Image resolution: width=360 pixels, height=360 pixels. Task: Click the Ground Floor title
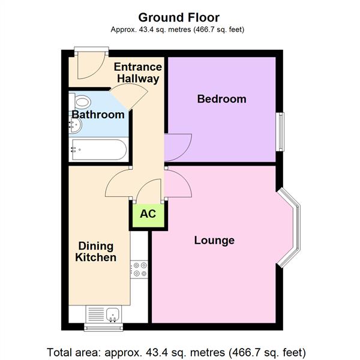[179, 17]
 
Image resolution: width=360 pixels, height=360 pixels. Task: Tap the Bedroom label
[221, 99]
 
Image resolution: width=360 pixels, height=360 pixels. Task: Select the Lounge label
[214, 241]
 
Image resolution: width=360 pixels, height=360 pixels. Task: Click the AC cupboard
[148, 214]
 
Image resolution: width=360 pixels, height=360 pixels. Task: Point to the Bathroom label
[98, 114]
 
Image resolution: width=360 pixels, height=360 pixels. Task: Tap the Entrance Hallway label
[137, 73]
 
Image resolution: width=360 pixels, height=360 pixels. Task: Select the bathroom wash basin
[76, 125]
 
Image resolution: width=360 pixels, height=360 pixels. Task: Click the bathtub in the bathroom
[98, 149]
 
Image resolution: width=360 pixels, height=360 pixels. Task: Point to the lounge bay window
[292, 226]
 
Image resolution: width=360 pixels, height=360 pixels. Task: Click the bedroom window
[280, 132]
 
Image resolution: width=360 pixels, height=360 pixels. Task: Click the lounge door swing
[178, 183]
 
